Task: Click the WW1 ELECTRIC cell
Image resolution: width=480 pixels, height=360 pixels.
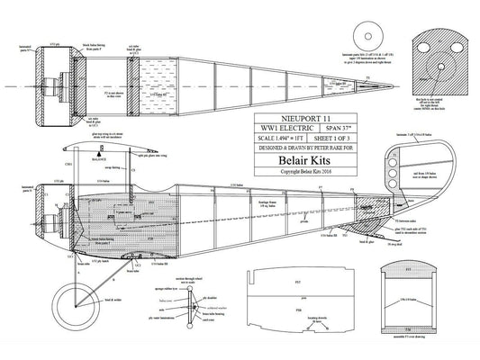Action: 281,128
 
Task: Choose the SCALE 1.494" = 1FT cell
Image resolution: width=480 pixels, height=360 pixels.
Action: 280,138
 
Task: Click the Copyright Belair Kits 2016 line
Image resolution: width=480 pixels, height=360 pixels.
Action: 304,178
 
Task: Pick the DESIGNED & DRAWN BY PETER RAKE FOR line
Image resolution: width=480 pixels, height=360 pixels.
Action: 304,148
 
